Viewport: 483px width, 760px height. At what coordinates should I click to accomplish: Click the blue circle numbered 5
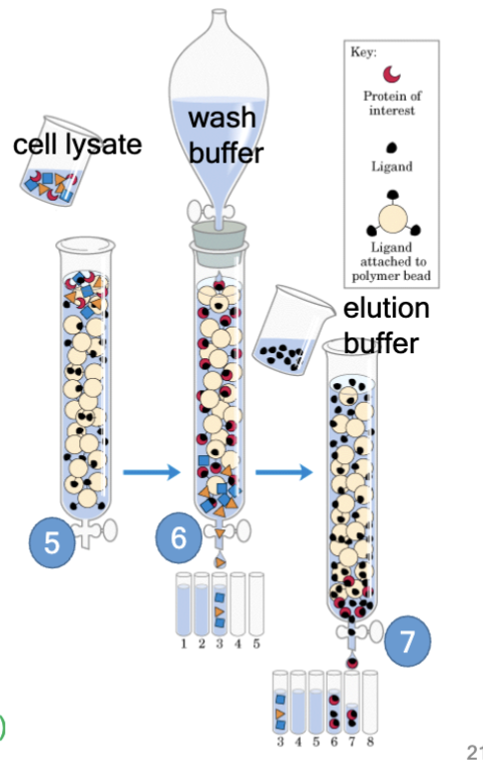tap(52, 542)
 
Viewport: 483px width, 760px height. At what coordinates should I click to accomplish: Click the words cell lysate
tap(77, 144)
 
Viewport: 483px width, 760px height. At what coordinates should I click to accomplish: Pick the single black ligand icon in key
tap(391, 142)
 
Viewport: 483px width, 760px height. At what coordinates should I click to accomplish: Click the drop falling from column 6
tap(220, 562)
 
